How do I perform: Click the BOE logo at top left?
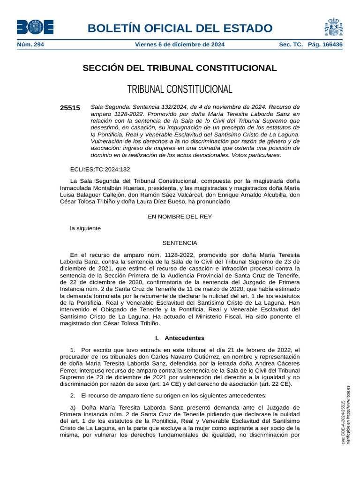[35, 27]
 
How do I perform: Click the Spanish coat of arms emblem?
[333, 27]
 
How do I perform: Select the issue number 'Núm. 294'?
[30, 45]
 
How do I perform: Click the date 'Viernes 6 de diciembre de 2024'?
[180, 45]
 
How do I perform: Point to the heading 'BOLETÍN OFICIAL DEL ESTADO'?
[180, 28]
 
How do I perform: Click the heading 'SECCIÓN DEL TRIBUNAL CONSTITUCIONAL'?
[180, 68]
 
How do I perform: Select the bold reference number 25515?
[70, 108]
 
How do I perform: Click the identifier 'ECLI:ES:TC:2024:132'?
[100, 169]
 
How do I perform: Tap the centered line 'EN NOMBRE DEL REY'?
[180, 217]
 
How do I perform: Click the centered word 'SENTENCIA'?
[180, 243]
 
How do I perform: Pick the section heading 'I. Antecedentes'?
[180, 337]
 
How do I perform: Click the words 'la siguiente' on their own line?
[85, 228]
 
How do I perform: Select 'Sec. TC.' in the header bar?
[291, 45]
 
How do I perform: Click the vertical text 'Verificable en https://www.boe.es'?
[348, 415]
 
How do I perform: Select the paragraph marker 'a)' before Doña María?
[73, 407]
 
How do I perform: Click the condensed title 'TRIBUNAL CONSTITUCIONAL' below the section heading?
[180, 89]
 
